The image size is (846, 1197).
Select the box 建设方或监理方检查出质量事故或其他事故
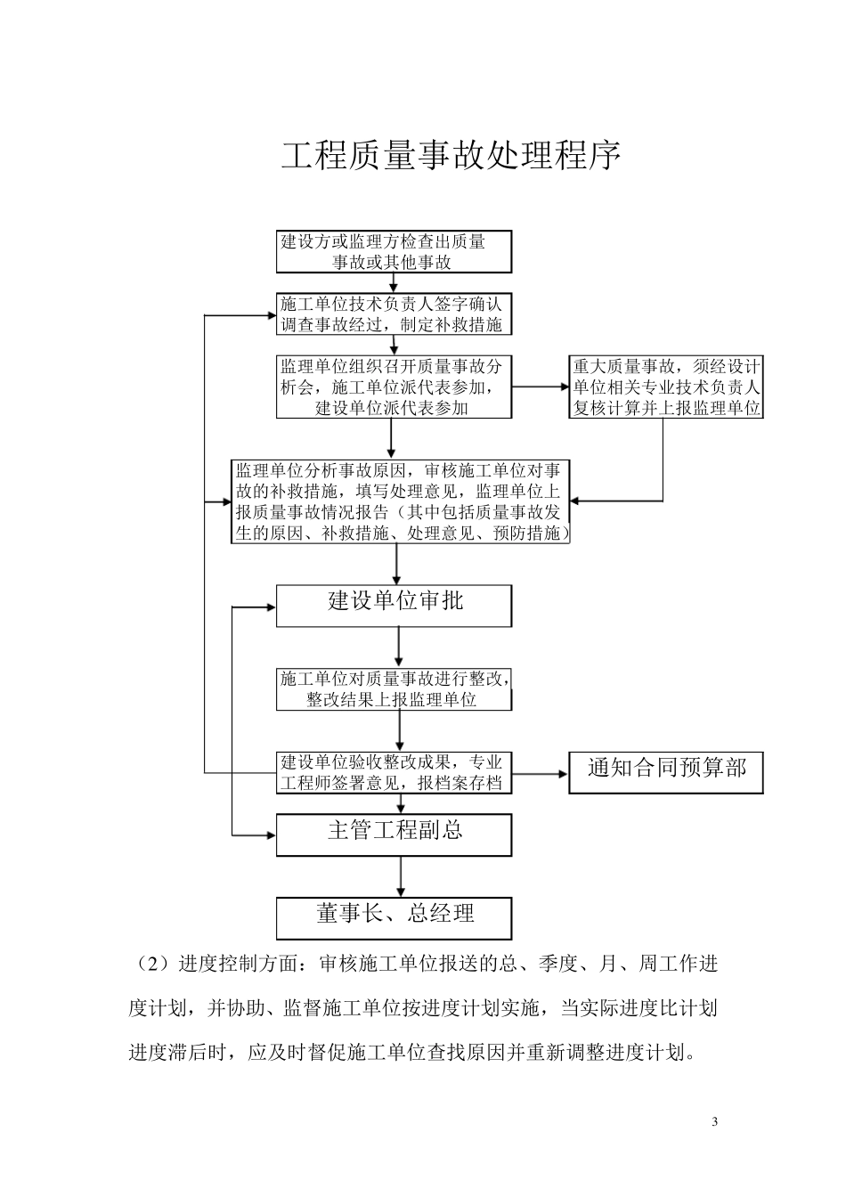394,251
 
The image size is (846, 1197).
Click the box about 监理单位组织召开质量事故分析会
394,387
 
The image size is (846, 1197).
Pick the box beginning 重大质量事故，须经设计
666,387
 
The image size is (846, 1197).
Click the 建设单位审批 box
394,605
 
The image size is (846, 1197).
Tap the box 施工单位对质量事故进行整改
394,689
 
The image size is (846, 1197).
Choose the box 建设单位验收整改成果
394,772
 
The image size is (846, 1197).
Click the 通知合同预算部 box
666,771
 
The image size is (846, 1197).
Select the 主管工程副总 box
394,834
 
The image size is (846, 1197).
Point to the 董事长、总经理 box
394,916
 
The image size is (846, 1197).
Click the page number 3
715,1120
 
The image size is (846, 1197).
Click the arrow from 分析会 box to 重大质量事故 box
541,387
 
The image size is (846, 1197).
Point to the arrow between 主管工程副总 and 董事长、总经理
400,876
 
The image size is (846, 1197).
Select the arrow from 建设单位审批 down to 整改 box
398,647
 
